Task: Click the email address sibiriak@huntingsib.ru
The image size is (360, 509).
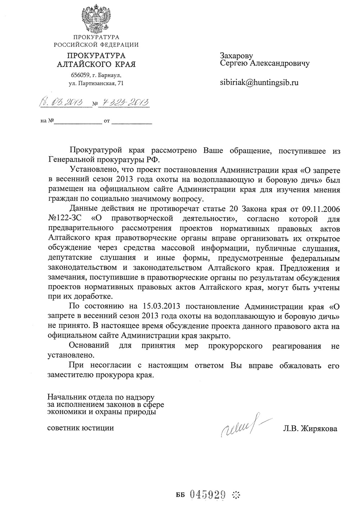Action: click(259, 82)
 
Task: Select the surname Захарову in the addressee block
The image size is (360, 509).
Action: click(237, 56)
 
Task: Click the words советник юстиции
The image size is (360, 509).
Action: click(81, 428)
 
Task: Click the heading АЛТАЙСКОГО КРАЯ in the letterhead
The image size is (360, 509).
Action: click(96, 64)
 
